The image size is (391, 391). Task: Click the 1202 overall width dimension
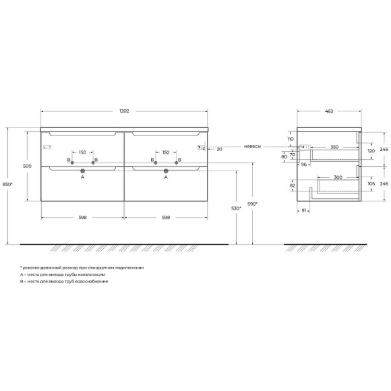click(x=124, y=111)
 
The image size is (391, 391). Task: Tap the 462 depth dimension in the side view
click(x=329, y=111)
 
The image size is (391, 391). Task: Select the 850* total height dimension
click(x=7, y=185)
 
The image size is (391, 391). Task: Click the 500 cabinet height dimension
click(x=27, y=166)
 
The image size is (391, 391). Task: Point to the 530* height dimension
click(x=236, y=208)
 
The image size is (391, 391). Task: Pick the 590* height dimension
click(x=252, y=204)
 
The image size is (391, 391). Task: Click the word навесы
click(x=252, y=146)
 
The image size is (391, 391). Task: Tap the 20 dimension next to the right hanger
click(x=220, y=150)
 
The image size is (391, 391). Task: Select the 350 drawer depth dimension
click(x=334, y=147)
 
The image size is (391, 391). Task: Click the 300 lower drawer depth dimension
click(x=338, y=177)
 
